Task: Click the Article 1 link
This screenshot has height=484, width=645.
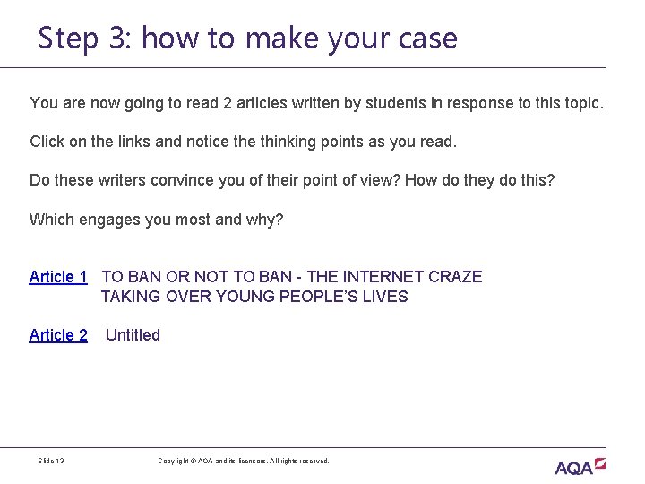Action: [x=58, y=277]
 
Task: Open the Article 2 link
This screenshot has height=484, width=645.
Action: [x=58, y=335]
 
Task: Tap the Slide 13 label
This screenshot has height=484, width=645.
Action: [x=50, y=461]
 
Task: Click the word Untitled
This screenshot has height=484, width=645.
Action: [x=133, y=335]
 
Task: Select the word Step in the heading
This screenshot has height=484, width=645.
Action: [x=68, y=39]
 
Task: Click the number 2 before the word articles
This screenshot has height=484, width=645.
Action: [x=228, y=103]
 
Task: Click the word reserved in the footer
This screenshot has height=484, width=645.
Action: [x=313, y=461]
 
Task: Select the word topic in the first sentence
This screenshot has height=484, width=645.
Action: [x=582, y=103]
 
